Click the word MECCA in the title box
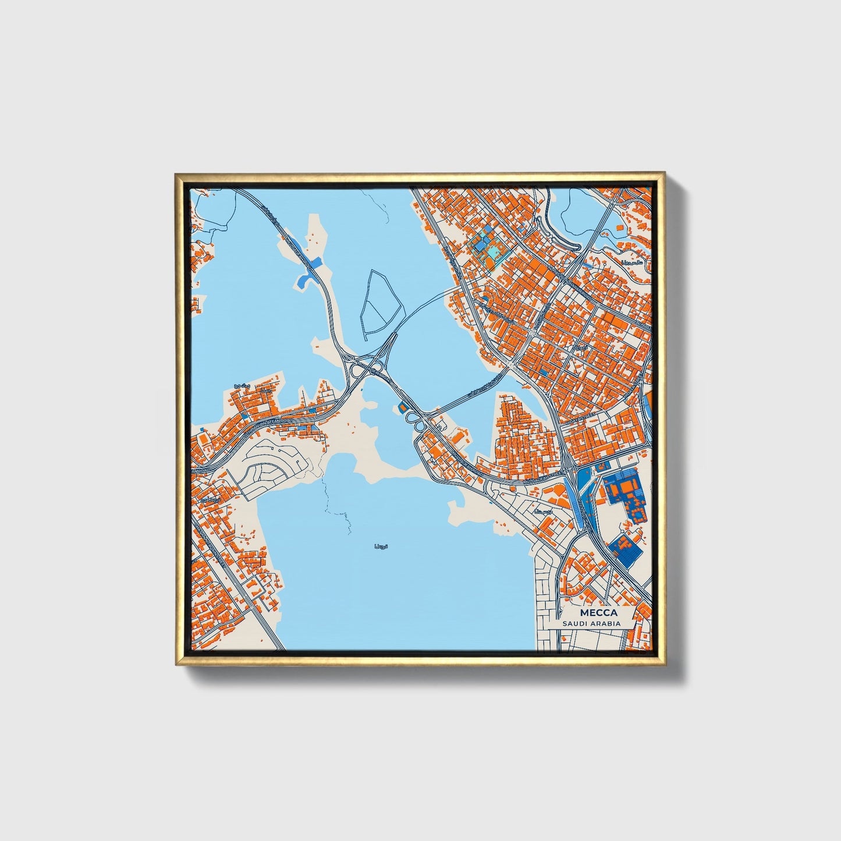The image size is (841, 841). pyautogui.click(x=598, y=613)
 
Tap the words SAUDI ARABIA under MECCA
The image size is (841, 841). pyautogui.click(x=591, y=623)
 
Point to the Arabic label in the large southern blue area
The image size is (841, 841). pyautogui.click(x=380, y=547)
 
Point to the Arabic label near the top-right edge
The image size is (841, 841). pyautogui.click(x=631, y=264)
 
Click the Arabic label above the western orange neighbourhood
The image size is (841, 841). pyautogui.click(x=240, y=386)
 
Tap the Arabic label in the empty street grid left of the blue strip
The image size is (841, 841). pyautogui.click(x=544, y=512)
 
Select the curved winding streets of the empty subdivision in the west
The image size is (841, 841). pyautogui.click(x=274, y=466)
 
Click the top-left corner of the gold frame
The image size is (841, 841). pyautogui.click(x=176, y=174)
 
